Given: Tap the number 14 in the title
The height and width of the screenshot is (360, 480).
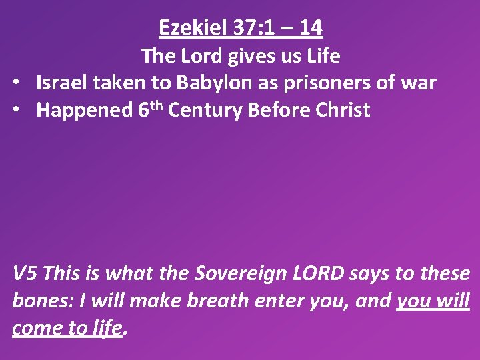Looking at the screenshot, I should coord(310,28).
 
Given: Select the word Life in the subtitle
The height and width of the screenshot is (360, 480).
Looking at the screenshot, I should coord(325,57).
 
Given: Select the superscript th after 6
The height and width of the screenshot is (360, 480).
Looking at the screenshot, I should coord(156,105).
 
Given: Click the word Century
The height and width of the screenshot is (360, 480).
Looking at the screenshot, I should coord(205,110).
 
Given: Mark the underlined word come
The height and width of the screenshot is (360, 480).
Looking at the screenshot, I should coord(34,329).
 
